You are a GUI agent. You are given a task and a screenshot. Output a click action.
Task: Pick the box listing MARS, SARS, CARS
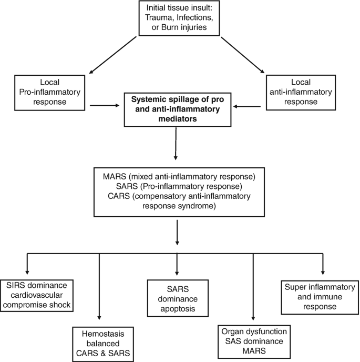tap(178, 192)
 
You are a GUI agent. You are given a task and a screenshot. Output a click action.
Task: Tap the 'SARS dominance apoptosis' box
tap(177, 297)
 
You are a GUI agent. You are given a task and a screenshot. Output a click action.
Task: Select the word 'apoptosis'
tap(177, 308)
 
